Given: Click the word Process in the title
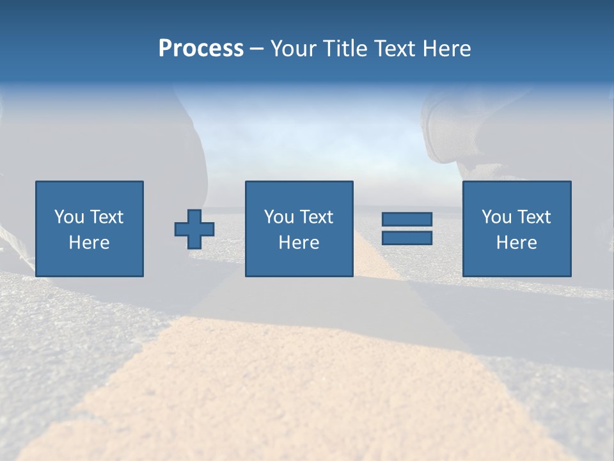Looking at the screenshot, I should (x=201, y=49).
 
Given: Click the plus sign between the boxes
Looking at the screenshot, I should (x=194, y=229).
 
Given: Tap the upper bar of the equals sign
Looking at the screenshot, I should (x=407, y=220).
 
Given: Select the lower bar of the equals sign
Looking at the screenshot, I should (x=407, y=238).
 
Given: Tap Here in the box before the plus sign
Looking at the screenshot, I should (x=89, y=243).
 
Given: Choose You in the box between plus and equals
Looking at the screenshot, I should (x=278, y=217).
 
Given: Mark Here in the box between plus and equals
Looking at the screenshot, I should (x=299, y=243).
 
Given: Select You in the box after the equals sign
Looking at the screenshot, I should (x=496, y=217).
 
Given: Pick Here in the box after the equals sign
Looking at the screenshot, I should (x=516, y=243).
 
